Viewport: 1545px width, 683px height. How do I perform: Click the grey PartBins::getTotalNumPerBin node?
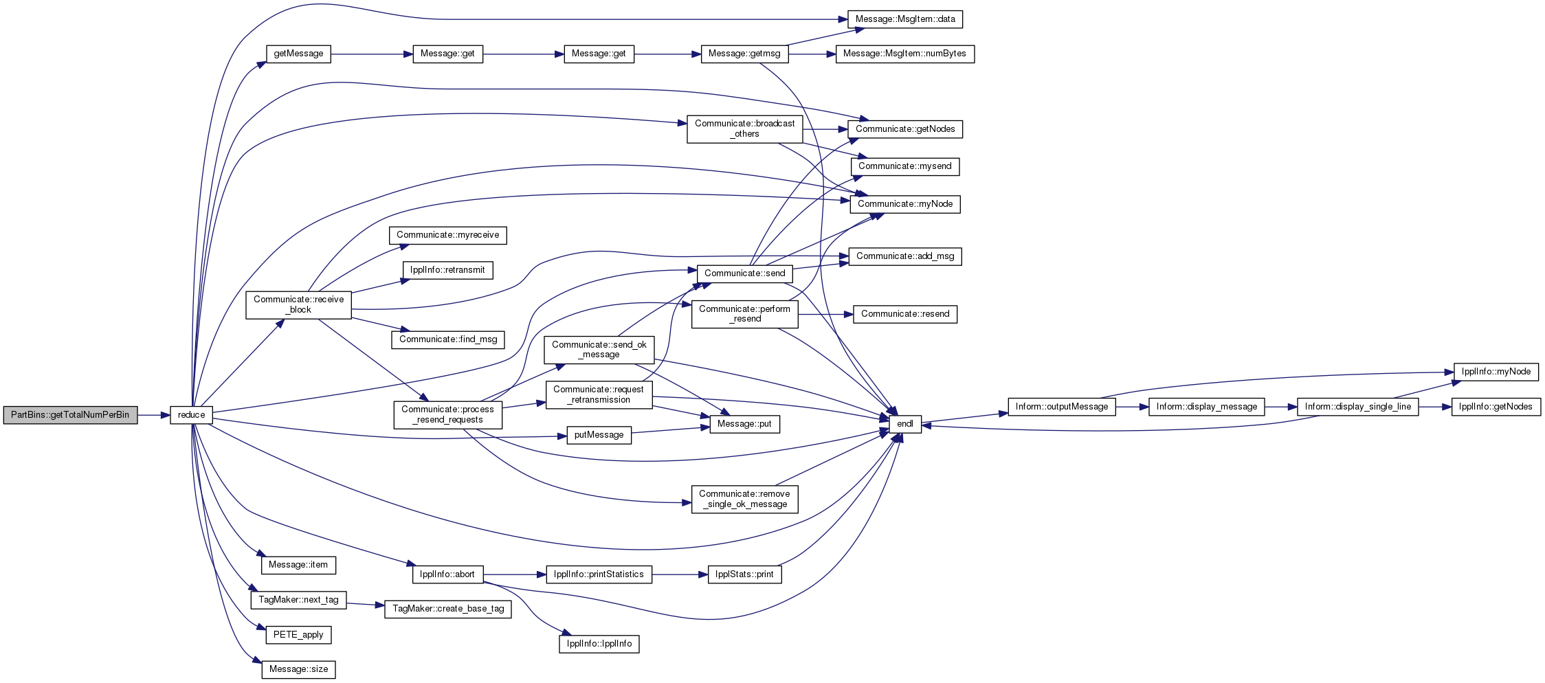click(x=70, y=415)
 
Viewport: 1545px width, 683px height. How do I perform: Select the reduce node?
click(x=191, y=415)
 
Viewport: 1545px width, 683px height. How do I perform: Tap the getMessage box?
click(x=298, y=54)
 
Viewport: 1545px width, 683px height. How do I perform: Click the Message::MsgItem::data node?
click(x=905, y=19)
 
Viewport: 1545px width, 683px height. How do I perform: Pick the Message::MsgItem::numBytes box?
click(x=905, y=54)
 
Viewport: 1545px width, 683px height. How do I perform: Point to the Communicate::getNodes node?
click(x=905, y=129)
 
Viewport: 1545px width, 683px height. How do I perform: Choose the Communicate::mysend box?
click(x=905, y=166)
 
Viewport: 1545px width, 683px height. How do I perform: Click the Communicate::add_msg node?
click(x=905, y=256)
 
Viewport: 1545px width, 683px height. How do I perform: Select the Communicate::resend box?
click(x=905, y=314)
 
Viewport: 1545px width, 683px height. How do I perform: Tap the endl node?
click(x=905, y=424)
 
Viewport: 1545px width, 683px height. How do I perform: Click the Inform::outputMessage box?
click(x=1062, y=407)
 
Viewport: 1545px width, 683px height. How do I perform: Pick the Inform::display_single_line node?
click(x=1358, y=407)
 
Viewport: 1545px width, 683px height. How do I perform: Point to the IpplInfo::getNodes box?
click(x=1496, y=407)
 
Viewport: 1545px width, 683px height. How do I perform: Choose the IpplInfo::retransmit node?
click(x=447, y=270)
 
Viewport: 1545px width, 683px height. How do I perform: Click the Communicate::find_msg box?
click(x=448, y=339)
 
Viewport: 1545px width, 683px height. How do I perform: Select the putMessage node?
click(x=599, y=435)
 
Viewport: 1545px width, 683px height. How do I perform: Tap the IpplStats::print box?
click(x=744, y=574)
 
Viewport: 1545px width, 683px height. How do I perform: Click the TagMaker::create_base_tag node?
click(x=448, y=609)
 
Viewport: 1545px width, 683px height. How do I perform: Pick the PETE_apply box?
click(x=298, y=635)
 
